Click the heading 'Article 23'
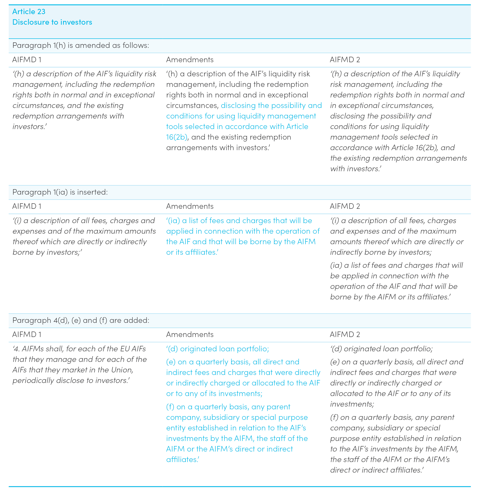(29, 12)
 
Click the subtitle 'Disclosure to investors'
(52, 22)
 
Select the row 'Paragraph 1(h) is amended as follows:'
(81, 45)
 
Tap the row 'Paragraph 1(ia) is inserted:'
(60, 192)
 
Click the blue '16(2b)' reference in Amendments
(177, 137)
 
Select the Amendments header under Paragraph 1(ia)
(190, 206)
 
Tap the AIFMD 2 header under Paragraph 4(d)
(345, 334)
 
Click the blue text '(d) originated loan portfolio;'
(218, 349)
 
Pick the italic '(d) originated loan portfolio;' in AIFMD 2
(381, 349)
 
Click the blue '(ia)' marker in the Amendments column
(173, 221)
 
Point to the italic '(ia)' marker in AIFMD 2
(336, 265)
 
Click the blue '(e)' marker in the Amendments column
(171, 362)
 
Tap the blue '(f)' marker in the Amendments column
(170, 407)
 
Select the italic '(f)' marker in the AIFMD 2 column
(334, 417)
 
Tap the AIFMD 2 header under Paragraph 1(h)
(345, 60)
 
